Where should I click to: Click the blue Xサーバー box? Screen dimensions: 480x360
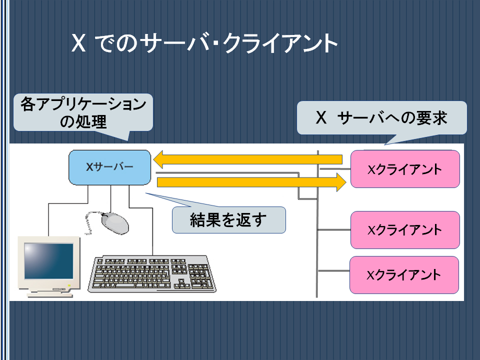tap(109, 167)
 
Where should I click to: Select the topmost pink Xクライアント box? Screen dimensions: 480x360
tap(405, 168)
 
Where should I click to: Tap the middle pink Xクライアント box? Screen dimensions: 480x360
tap(405, 230)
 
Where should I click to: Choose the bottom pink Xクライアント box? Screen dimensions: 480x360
tap(404, 275)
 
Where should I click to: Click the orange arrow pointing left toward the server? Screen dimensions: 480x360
tap(247, 159)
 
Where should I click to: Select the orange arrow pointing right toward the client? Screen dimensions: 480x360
tap(251, 182)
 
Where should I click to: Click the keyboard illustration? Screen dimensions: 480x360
tap(152, 274)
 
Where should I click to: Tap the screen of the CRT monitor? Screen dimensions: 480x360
tap(48, 261)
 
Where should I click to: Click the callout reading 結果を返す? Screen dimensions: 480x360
tap(228, 220)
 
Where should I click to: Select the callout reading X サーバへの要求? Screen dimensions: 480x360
tap(381, 118)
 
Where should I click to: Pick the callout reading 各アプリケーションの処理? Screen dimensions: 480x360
tap(83, 112)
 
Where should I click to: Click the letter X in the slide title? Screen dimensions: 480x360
tap(78, 43)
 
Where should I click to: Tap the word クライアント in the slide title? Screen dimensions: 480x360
tap(280, 43)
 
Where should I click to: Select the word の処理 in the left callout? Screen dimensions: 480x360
tap(83, 121)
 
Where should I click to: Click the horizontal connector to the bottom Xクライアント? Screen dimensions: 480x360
tap(333, 271)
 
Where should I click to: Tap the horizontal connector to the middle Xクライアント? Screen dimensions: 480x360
tap(334, 229)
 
